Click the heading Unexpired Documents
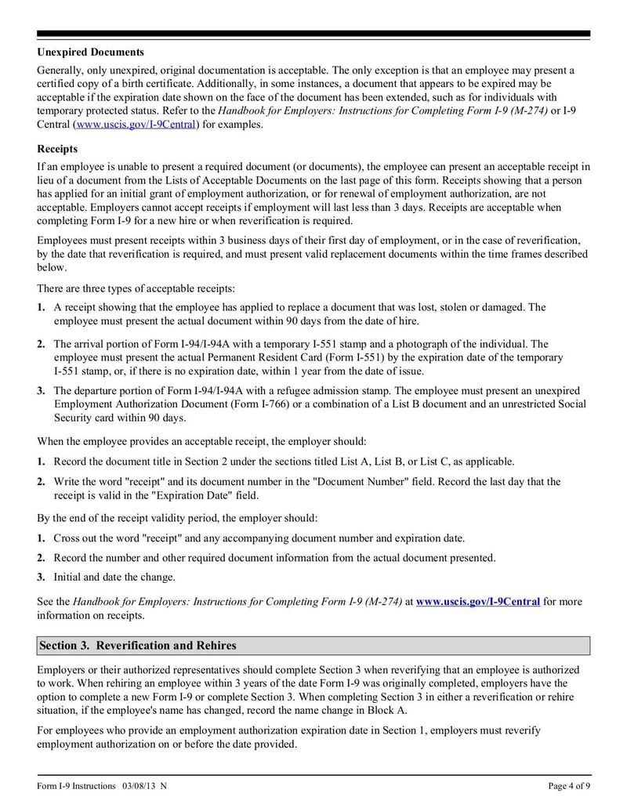(90, 52)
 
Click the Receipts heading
(57, 149)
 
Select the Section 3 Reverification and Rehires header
(138, 646)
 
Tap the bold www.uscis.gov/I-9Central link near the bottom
(477, 602)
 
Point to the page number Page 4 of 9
(569, 786)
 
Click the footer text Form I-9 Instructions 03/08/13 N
(102, 786)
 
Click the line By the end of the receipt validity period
(178, 518)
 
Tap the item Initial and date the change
(114, 577)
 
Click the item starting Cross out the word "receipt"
(259, 538)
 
